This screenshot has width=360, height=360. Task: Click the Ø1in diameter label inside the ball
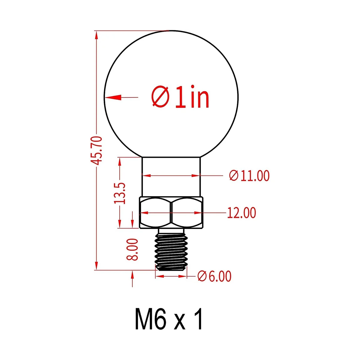180,97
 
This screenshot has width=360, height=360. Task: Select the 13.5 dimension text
120,193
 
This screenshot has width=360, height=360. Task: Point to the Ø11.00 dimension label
249,175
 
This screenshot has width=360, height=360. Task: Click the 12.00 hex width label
241,213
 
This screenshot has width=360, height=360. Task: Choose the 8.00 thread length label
132,249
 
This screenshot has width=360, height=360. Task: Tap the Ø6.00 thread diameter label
214,277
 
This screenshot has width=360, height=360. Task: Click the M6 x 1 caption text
169,321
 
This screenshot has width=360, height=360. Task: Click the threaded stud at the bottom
171,250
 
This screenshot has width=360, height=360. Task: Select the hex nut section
171,212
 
